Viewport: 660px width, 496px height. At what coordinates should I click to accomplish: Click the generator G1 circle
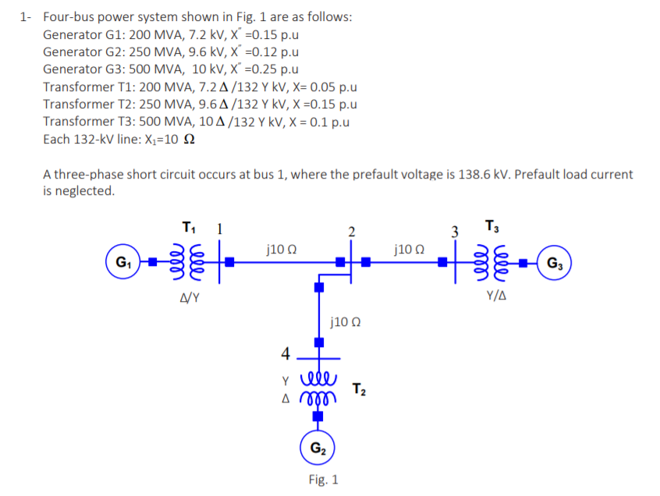click(x=122, y=261)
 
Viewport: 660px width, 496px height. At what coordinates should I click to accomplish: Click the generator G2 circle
click(x=318, y=448)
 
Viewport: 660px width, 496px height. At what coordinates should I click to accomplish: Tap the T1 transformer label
click(x=188, y=229)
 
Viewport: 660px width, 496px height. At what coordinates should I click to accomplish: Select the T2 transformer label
click(x=360, y=388)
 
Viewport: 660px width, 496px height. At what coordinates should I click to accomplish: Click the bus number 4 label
click(x=286, y=353)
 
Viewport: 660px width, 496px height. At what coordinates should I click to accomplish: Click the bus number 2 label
click(x=351, y=232)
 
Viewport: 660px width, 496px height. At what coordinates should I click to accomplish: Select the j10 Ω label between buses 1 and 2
click(x=279, y=250)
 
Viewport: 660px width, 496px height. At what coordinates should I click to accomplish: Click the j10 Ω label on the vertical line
click(x=345, y=321)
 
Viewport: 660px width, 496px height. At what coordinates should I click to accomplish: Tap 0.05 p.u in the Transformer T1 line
click(x=328, y=87)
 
